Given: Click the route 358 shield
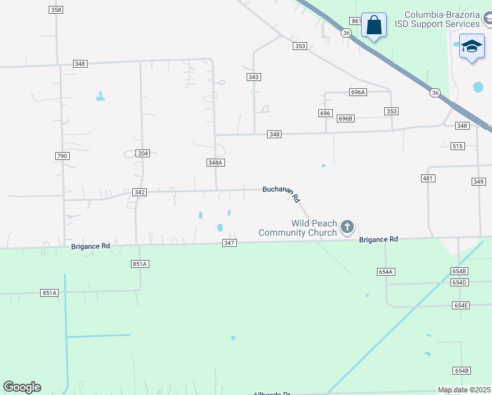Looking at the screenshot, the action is coord(56,10).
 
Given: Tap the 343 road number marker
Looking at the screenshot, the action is coord(254,77).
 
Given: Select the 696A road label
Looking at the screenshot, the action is coord(358,93).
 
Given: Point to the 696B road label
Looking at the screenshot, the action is coord(345,118).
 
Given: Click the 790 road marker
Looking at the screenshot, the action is coord(62,155).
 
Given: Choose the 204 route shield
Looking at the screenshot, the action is coord(143,153).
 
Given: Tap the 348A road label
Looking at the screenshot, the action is coord(216,163).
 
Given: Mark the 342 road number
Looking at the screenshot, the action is coord(139,192).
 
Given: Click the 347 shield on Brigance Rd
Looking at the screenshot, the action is coord(229,244).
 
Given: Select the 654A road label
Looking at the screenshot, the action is coord(385,272).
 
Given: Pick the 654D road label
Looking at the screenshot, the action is coord(460,282).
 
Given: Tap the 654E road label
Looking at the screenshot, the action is coord(461,305).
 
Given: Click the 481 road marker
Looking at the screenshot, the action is coord(428,178).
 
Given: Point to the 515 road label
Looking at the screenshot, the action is coord(458,145).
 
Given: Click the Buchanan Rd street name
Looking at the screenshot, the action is coord(282,192).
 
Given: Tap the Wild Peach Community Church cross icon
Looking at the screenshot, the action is coord(347,228).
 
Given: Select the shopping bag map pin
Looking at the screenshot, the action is coord(374,26).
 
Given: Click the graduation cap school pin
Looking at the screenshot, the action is coord(471,46).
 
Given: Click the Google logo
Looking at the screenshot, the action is coord(22,387).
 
